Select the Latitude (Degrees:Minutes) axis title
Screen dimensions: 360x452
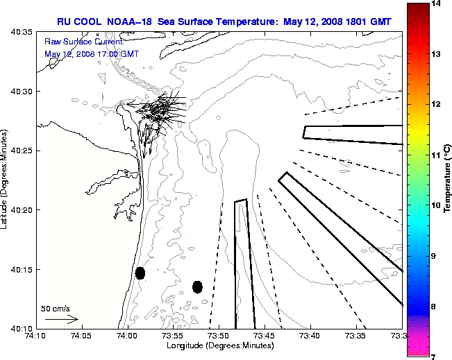(x=6, y=180)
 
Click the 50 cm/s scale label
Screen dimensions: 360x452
(x=56, y=308)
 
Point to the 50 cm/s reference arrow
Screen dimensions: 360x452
(x=61, y=320)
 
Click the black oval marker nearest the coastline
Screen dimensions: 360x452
(x=140, y=273)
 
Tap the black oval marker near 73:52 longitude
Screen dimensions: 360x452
(x=197, y=286)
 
